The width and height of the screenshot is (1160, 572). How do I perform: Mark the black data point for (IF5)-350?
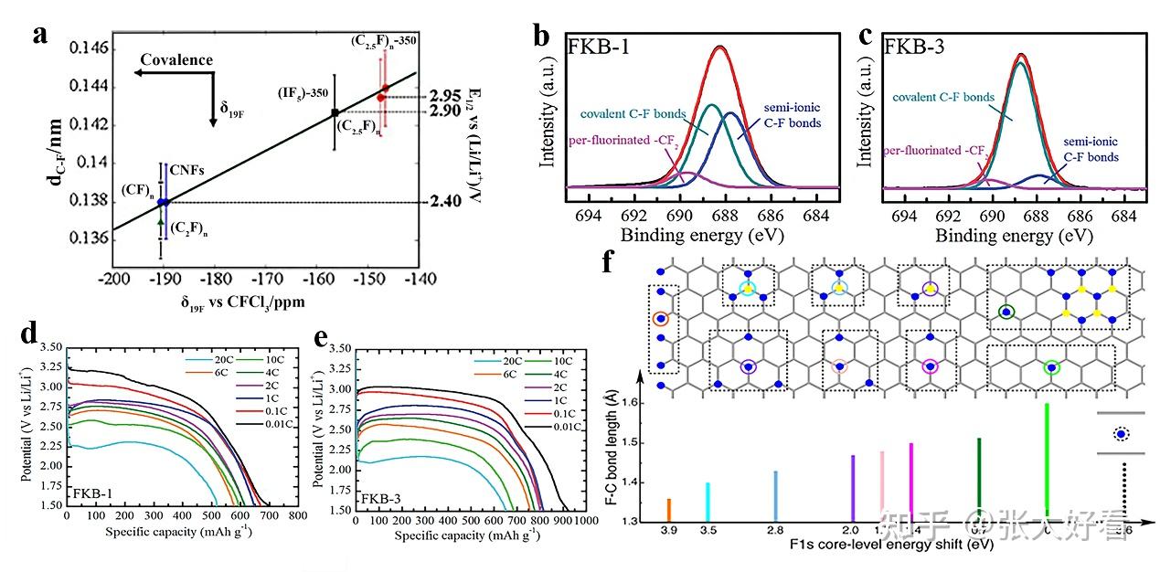[x=335, y=112]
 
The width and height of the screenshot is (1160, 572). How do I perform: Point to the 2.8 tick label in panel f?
[x=775, y=530]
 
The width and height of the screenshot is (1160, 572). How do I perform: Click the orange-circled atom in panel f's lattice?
[x=661, y=319]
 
